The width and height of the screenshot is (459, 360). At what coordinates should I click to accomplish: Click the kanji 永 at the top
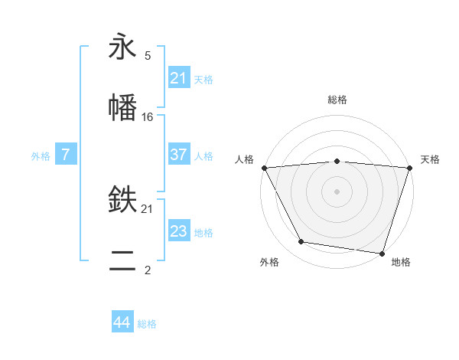pos(122,48)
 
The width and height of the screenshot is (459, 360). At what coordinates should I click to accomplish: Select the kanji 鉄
pos(122,201)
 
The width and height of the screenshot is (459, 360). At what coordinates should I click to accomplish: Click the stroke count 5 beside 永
pos(148,56)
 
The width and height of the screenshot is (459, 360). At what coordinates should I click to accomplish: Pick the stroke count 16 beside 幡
pos(148,116)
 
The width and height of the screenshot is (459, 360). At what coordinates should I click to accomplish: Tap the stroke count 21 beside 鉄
pos(148,208)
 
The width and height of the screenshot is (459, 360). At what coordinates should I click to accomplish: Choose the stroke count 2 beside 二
pos(148,270)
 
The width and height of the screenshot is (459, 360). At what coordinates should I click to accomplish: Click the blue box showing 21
pos(178,77)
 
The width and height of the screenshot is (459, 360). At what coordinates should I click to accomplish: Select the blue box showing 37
pos(178,155)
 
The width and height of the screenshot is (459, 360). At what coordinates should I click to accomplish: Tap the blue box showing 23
pos(178,231)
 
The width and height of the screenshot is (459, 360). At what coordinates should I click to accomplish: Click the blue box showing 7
pos(66,155)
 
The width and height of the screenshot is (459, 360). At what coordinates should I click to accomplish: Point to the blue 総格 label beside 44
pos(147,324)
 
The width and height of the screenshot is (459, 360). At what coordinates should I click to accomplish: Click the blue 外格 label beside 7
pos(41,155)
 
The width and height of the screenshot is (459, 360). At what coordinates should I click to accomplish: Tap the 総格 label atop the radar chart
pos(337,100)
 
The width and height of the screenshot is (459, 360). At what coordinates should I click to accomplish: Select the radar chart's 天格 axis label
pos(430,159)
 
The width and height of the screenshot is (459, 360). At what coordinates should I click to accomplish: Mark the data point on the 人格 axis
pos(264,168)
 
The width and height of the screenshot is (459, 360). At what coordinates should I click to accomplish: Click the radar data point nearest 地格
pos(382,253)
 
